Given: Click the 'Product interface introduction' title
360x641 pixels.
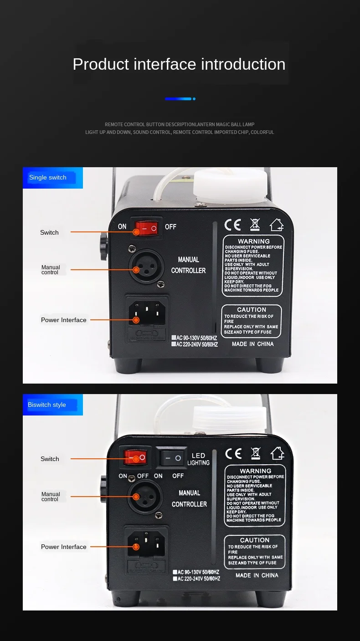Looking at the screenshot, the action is pyautogui.click(x=179, y=64).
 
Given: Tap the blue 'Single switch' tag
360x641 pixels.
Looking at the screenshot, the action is pyautogui.click(x=48, y=178).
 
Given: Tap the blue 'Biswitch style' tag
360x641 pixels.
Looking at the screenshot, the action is pyautogui.click(x=47, y=405).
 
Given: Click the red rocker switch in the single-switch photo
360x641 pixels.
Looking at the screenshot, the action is pyautogui.click(x=146, y=227).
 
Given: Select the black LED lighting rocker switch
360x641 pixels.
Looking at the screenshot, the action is pyautogui.click(x=171, y=457).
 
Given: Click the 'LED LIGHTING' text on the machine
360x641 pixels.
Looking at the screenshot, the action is pyautogui.click(x=198, y=459).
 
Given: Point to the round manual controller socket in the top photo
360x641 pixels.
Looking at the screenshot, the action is pyautogui.click(x=146, y=267).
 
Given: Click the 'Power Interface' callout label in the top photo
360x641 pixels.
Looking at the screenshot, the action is pyautogui.click(x=64, y=320).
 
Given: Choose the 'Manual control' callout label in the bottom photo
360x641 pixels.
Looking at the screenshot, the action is pyautogui.click(x=51, y=497).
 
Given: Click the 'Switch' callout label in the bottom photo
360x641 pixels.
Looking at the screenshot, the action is pyautogui.click(x=50, y=459).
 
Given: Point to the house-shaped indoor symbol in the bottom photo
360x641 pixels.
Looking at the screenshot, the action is pyautogui.click(x=277, y=453).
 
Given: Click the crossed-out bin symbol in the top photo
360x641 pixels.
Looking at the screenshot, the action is pyautogui.click(x=255, y=225).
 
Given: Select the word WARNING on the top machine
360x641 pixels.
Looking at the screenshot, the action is pyautogui.click(x=254, y=241).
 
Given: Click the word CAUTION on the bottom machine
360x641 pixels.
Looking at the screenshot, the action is pyautogui.click(x=255, y=540).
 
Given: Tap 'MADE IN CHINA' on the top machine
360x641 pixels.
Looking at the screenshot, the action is pyautogui.click(x=252, y=344).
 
